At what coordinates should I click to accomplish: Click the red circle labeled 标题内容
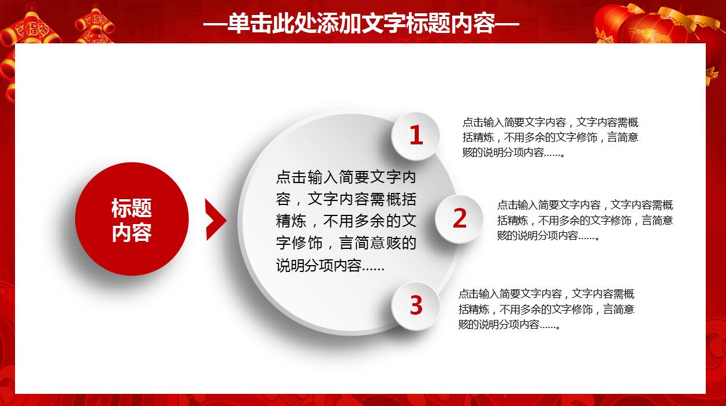point(132,219)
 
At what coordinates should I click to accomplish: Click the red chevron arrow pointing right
point(215,219)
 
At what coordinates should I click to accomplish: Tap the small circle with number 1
point(416,136)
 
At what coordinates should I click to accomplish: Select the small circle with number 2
point(459,218)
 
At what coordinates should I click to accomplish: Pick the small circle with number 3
point(416,306)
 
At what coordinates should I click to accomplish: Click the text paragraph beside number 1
point(550,137)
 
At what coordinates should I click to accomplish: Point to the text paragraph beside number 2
point(584,220)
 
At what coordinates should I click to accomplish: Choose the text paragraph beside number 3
point(546,309)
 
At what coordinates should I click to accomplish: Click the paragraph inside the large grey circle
point(346,221)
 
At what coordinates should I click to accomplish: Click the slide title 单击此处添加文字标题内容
point(362,24)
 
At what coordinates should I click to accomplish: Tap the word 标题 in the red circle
point(132,208)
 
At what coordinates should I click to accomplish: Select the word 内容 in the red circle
point(132,232)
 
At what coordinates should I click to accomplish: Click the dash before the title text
point(215,25)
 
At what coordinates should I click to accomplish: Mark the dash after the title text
point(508,25)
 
